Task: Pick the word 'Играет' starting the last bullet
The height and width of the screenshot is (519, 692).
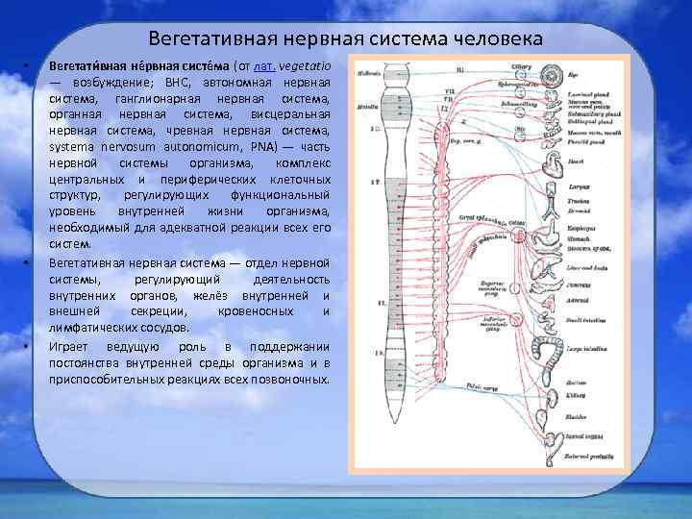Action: pos(72,345)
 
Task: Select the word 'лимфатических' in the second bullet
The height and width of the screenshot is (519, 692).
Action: pos(89,328)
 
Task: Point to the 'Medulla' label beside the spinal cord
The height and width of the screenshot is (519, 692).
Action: pos(366,109)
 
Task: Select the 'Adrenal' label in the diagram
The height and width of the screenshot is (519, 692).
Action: pos(580,301)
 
